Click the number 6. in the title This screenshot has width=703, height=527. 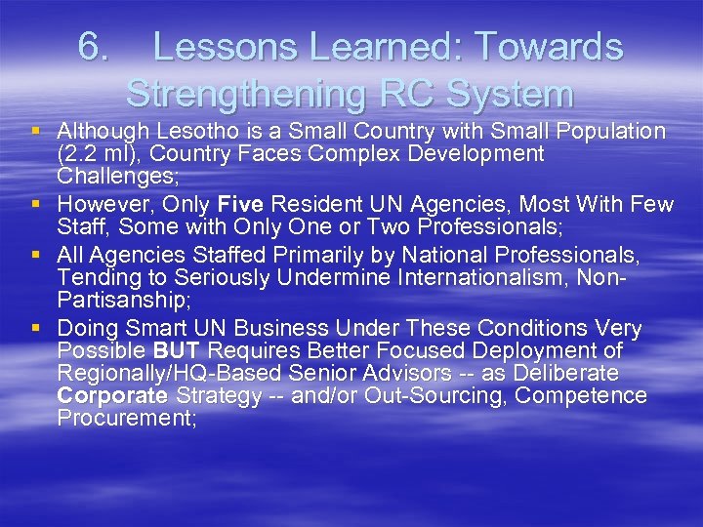click(96, 47)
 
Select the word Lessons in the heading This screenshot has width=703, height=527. click(218, 47)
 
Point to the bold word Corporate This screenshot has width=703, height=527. click(111, 395)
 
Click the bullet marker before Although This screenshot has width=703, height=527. click(36, 131)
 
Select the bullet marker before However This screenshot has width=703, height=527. click(36, 205)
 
